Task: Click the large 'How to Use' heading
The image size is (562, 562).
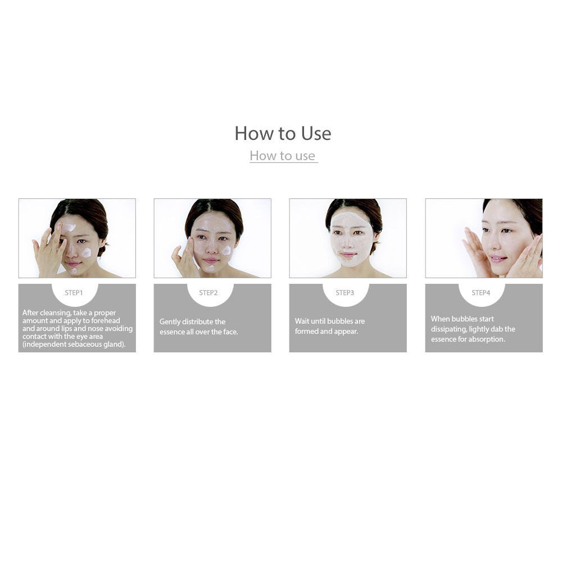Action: coord(283,133)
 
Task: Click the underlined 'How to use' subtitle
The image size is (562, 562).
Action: coord(283,156)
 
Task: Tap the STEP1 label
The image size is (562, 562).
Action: coord(74,293)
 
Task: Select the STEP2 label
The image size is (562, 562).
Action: coord(209,293)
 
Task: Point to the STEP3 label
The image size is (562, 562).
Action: coord(345,293)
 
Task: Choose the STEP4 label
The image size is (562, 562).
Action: coord(481,293)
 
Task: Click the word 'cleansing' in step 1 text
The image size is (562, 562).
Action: coord(55,313)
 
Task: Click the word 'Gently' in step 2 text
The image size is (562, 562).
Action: coord(170,322)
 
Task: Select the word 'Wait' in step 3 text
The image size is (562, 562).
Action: coord(302,321)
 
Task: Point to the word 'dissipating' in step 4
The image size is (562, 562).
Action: coord(448,329)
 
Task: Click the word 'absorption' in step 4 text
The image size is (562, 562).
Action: coord(487,339)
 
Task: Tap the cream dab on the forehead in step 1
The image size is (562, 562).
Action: coord(69,228)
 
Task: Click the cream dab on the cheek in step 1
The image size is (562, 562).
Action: coord(87,253)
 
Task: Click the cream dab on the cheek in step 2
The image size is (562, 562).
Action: coord(226,250)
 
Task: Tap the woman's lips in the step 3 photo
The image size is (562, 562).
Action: coord(348,255)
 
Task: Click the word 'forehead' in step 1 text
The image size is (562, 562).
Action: coord(106,321)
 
